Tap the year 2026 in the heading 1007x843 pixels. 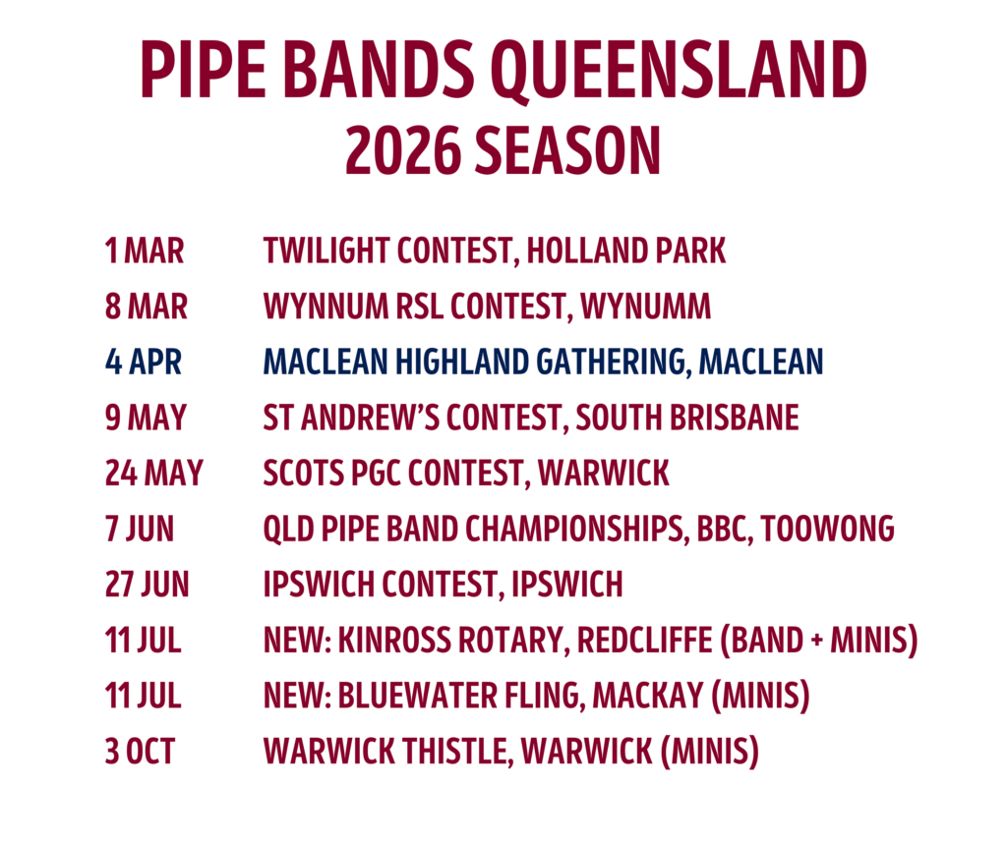point(403,150)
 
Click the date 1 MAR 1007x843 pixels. point(145,251)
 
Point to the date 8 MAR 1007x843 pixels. point(147,307)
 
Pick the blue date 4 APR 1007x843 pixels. point(144,362)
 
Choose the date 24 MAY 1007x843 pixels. point(154,474)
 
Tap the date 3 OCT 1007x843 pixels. point(140,752)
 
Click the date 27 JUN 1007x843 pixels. point(148,585)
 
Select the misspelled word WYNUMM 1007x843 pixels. point(646,307)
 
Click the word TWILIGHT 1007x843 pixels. point(326,251)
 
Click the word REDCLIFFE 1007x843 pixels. point(645,641)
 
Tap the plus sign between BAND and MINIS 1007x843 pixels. point(817,641)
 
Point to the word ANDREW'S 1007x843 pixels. point(371,418)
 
